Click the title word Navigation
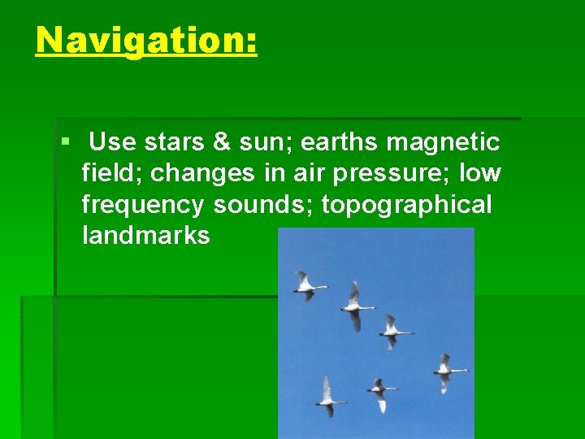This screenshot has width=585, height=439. tap(146, 40)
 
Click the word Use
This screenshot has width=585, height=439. tap(112, 142)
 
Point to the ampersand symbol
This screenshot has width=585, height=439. tap(221, 142)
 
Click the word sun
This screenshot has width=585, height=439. tap(264, 142)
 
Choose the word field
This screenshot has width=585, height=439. tap(111, 173)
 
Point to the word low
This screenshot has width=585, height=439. tap(480, 173)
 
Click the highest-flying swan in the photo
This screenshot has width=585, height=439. tap(308, 285)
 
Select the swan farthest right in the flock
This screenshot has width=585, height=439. tap(448, 371)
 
